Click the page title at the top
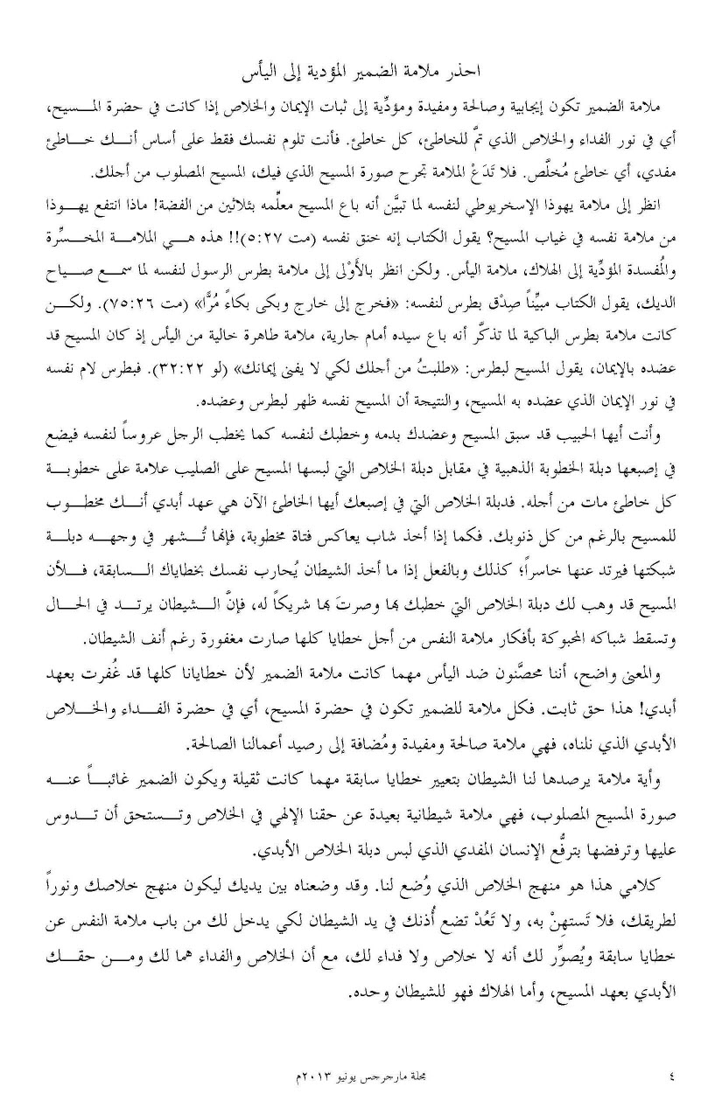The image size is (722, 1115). pos(360,69)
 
